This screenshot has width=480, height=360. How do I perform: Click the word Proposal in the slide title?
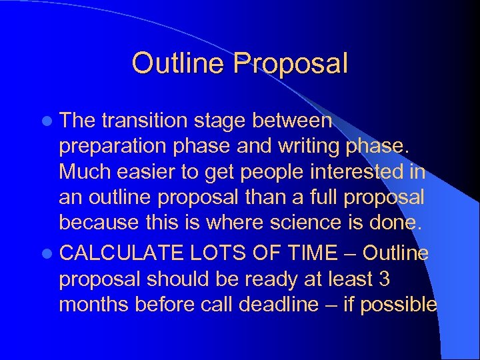[291, 63]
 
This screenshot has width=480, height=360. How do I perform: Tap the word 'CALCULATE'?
[121, 253]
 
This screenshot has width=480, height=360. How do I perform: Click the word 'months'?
[94, 305]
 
